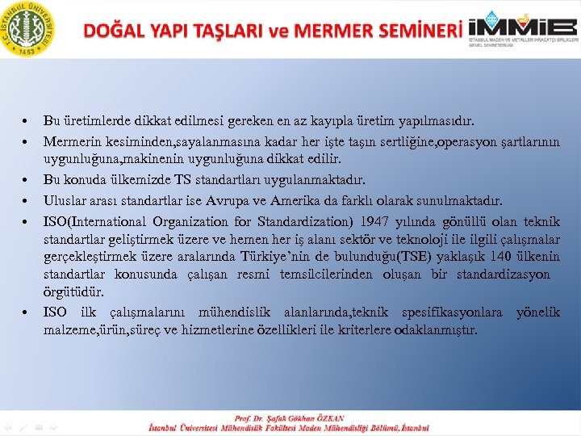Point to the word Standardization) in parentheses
click(279, 221)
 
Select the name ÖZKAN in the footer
click(328, 418)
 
